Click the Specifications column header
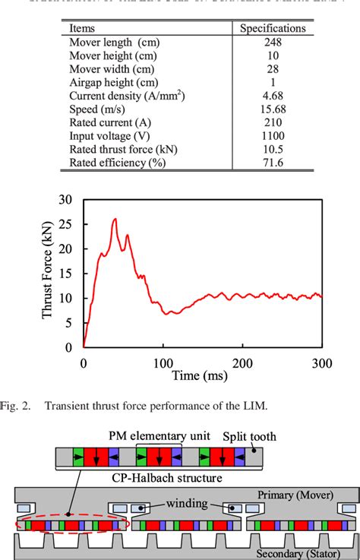[x=273, y=28]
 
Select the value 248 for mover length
[x=273, y=43]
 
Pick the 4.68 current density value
[x=273, y=96]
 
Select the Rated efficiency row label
[x=114, y=162]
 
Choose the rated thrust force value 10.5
[x=273, y=149]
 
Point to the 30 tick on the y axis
[x=66, y=201]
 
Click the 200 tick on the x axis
[x=242, y=362]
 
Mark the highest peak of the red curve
[x=115, y=220]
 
